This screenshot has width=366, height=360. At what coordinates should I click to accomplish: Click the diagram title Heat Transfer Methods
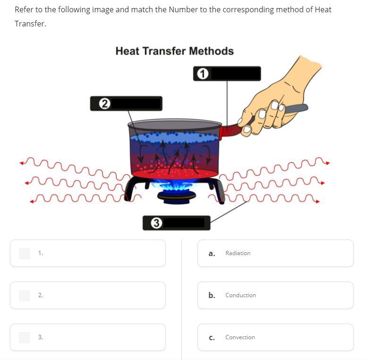coord(175,51)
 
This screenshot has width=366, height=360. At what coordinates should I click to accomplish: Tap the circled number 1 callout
coord(203,74)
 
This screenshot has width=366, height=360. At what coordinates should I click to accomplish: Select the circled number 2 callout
coord(104,103)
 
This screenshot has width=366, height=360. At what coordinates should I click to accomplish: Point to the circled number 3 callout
coord(156,223)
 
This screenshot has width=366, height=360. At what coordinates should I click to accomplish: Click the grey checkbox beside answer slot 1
coord(25,254)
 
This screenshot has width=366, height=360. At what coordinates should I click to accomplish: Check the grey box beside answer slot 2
coord(25,296)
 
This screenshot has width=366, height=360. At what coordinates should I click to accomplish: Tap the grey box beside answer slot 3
coord(25,338)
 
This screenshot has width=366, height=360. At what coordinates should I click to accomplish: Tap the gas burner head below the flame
coord(177,197)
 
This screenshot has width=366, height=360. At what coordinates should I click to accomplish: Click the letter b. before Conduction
coord(212,295)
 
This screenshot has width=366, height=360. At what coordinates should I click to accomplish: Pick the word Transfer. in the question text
coord(30,24)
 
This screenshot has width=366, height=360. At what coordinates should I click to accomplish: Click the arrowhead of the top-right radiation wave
coord(328,163)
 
